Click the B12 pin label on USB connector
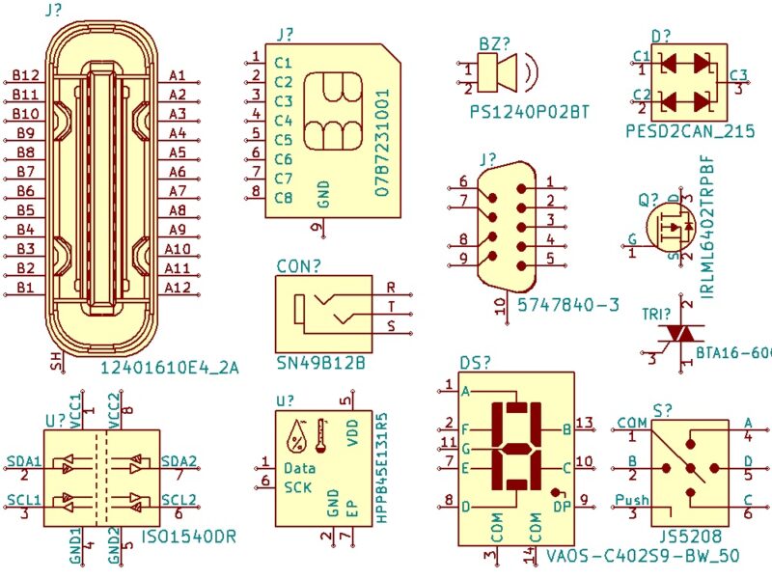[x=26, y=75]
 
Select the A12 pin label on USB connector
[x=178, y=288]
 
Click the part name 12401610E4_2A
[x=169, y=367]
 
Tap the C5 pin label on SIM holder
[x=283, y=140]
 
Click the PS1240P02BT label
[x=529, y=112]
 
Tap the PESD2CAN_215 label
[x=690, y=130]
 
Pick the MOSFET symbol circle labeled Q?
[x=675, y=226]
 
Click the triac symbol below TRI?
[x=682, y=332]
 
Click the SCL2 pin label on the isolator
[x=179, y=499]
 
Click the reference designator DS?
[x=475, y=362]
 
